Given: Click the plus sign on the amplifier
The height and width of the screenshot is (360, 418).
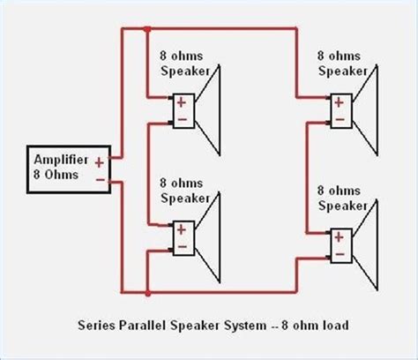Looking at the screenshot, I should (99, 161).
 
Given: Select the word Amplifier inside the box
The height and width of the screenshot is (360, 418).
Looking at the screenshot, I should (60, 161).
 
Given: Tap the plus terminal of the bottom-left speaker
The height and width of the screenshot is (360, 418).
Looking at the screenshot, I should (183, 229).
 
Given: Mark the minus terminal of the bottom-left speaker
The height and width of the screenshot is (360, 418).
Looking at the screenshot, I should (183, 244).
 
